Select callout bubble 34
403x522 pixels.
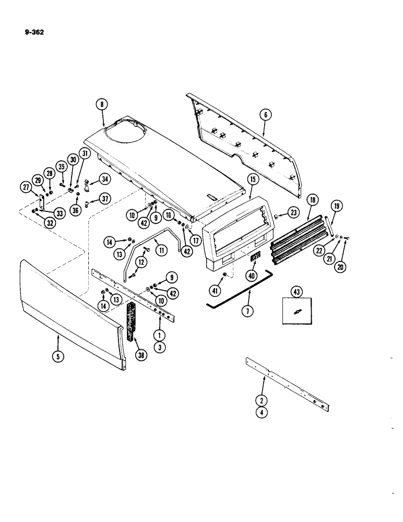106,180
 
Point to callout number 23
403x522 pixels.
294,212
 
